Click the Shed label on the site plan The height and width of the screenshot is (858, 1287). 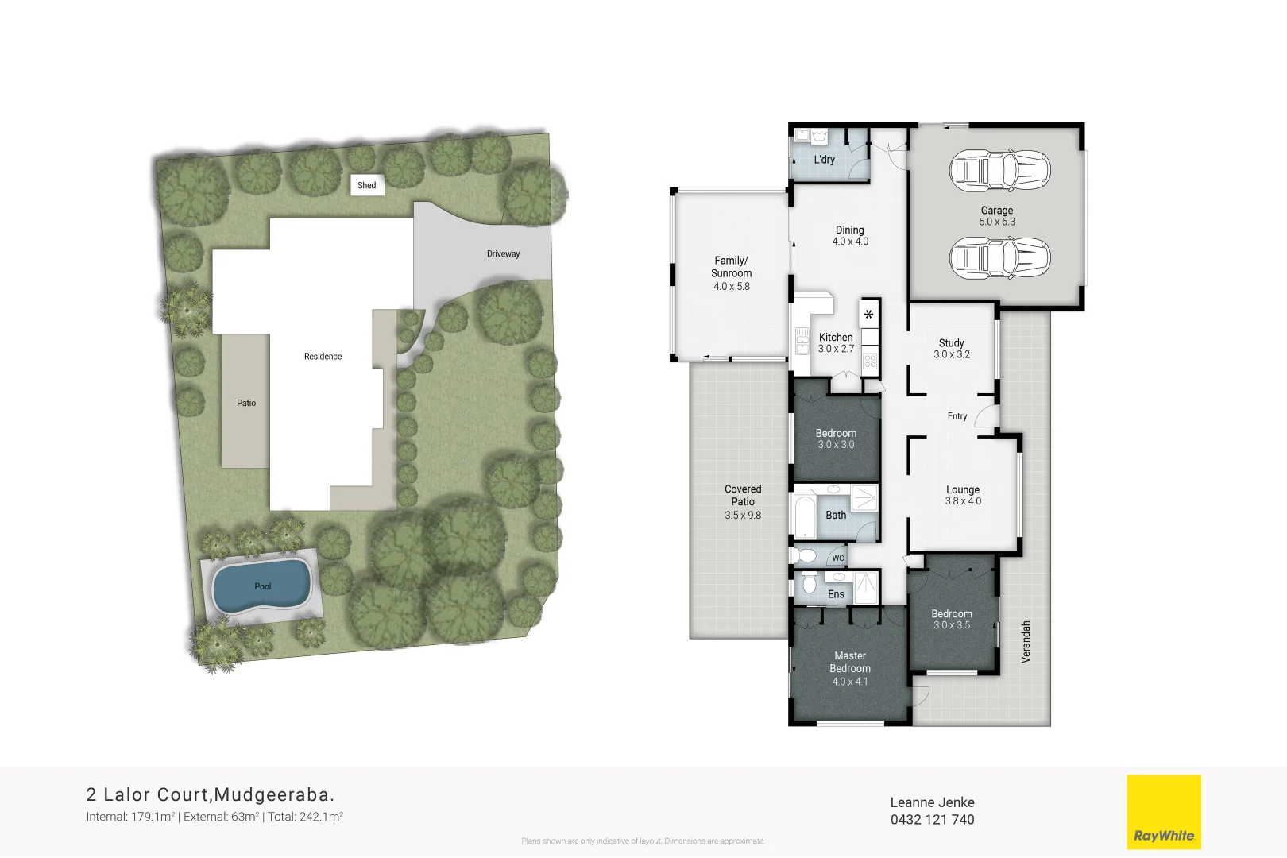coord(367,185)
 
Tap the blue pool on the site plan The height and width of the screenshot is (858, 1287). coord(261,586)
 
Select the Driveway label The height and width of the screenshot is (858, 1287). coord(503,254)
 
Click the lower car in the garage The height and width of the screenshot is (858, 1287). coord(999,257)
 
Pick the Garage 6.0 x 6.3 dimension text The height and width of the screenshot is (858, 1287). coord(996,222)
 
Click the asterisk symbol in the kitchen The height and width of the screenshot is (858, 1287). coord(869,315)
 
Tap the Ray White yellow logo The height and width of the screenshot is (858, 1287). coord(1164,812)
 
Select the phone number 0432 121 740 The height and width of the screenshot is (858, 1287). coord(932,820)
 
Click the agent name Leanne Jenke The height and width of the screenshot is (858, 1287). coord(932,802)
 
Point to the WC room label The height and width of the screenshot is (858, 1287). coord(838,558)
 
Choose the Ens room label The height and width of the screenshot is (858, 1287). coord(836,594)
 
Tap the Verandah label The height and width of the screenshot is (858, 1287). coord(1026,642)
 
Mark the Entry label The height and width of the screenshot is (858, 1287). coord(957,416)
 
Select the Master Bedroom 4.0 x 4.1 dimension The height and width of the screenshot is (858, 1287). coord(849,682)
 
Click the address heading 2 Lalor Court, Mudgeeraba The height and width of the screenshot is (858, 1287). coord(211,794)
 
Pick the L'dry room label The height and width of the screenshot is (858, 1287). coord(825,160)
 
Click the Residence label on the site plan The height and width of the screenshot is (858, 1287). coord(323,357)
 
